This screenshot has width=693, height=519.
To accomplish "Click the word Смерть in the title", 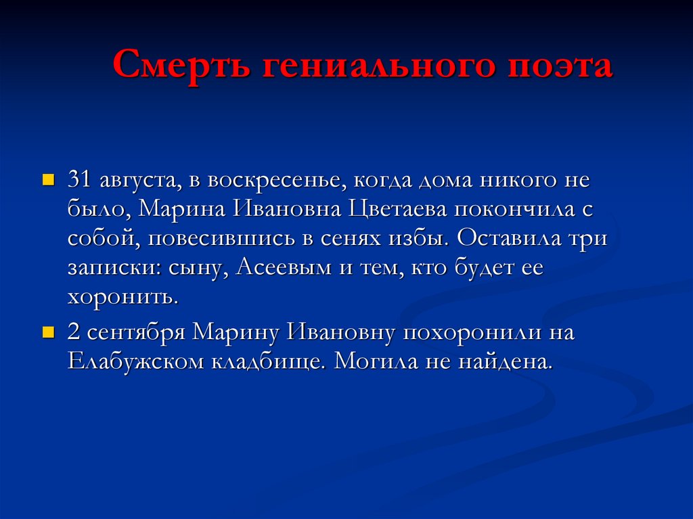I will click(x=177, y=66).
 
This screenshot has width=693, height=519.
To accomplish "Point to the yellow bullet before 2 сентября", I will click(x=47, y=334).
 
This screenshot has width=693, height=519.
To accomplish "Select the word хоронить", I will click(x=122, y=296).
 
